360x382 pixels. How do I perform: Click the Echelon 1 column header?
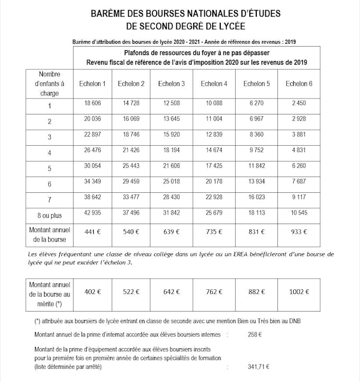(93, 84)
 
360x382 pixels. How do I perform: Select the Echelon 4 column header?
(214, 84)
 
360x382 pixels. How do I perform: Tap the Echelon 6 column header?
(299, 84)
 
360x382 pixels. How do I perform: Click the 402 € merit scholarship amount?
(93, 291)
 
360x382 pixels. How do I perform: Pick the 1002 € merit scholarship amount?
(299, 291)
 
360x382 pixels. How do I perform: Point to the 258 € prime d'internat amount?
(255, 334)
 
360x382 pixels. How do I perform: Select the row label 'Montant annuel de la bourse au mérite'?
(49, 291)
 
